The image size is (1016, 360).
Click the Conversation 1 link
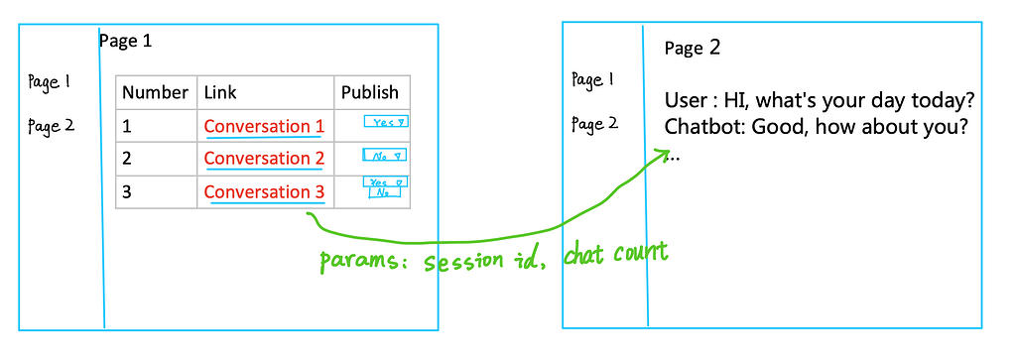(x=264, y=126)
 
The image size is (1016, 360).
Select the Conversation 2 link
(x=264, y=159)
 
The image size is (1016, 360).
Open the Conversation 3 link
(x=264, y=191)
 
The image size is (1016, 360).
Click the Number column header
(x=155, y=92)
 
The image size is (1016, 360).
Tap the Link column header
(x=220, y=92)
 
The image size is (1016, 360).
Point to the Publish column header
(x=370, y=92)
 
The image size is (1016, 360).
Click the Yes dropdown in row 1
(x=387, y=122)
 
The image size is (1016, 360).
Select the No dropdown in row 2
(x=386, y=156)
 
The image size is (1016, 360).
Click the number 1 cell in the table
(x=127, y=126)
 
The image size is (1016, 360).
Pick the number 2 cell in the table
(x=127, y=159)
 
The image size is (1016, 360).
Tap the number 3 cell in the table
(x=127, y=191)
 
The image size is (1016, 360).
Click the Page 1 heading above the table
(x=125, y=42)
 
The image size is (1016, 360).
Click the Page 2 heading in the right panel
(x=693, y=48)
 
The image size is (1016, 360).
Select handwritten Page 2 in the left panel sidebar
(x=51, y=126)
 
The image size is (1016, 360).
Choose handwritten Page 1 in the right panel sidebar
(x=594, y=79)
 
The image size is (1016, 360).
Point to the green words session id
(x=486, y=263)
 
